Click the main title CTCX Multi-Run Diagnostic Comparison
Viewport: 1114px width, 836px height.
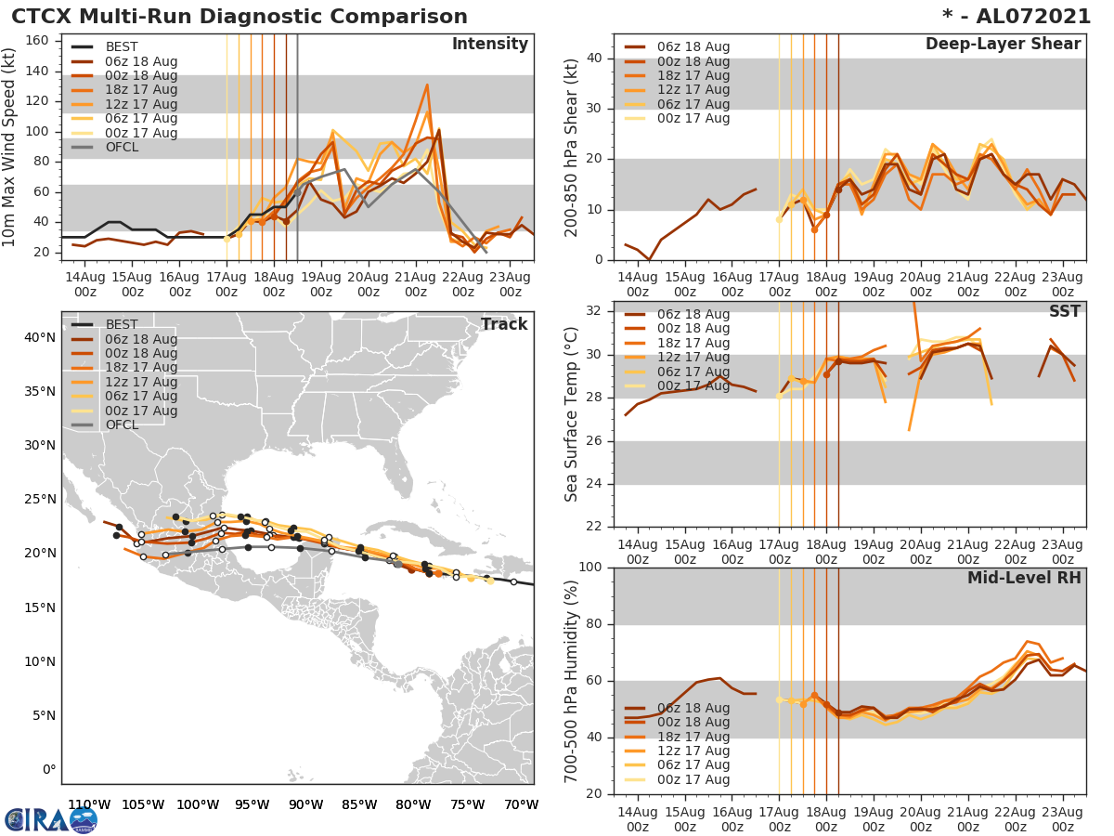point(240,17)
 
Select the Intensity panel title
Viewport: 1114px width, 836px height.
point(489,45)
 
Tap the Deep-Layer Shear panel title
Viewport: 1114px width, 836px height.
point(1003,45)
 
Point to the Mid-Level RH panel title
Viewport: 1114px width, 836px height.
point(1024,579)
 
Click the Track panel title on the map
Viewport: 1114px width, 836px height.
point(504,324)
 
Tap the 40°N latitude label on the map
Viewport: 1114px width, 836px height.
point(39,337)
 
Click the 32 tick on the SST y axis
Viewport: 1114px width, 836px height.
point(595,310)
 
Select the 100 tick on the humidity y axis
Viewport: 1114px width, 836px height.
point(590,568)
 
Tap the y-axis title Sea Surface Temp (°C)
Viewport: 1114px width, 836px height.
point(572,414)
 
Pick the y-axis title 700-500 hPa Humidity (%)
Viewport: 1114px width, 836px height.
point(572,681)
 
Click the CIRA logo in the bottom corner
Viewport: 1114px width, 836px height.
point(51,819)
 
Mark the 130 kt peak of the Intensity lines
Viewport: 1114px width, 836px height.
point(427,85)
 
